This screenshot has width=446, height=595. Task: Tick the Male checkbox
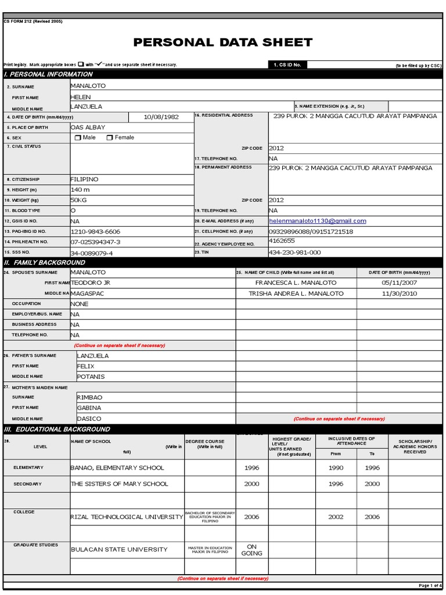(78, 138)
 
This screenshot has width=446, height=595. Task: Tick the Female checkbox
(109, 138)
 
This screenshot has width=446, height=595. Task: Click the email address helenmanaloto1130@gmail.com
(318, 221)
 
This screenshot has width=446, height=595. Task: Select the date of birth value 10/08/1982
(161, 117)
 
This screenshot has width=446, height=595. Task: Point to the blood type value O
(73, 210)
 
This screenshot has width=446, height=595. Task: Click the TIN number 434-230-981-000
(294, 252)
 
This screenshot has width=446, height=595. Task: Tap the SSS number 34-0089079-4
(92, 253)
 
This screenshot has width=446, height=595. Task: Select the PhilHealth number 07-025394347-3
(95, 242)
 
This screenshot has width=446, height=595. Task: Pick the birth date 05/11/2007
(399, 282)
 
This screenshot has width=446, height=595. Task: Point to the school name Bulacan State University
(119, 549)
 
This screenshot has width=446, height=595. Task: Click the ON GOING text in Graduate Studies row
(251, 550)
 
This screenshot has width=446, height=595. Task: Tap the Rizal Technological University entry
(127, 517)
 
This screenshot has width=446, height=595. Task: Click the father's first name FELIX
(85, 366)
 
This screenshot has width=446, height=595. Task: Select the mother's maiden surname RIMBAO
(89, 397)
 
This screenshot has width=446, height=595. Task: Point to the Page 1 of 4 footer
(430, 585)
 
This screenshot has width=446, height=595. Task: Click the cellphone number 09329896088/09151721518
(311, 231)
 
